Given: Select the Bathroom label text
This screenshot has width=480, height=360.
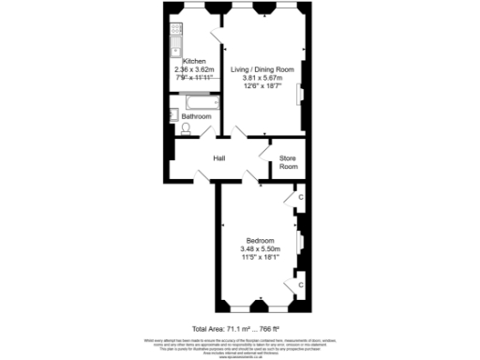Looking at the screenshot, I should point(196,116).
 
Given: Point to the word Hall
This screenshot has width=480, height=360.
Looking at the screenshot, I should point(220,158).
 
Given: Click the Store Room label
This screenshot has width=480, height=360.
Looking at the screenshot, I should point(288,163).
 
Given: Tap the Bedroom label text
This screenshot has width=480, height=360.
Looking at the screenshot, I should point(260,239).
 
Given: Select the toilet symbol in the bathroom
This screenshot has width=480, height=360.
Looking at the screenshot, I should point(185,127).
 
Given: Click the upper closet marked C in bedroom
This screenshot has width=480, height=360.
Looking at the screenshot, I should point(300,198).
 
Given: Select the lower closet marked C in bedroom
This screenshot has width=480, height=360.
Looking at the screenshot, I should point(300,283).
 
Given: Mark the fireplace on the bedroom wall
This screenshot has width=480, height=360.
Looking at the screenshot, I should point(301,242).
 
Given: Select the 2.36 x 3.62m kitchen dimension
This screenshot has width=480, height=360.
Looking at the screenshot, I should point(195,68).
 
